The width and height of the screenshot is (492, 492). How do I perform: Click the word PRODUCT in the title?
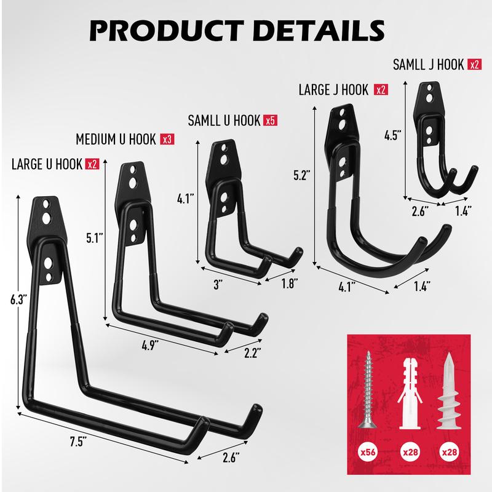(x=167, y=30)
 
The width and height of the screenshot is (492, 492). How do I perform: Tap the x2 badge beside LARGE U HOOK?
(x=93, y=164)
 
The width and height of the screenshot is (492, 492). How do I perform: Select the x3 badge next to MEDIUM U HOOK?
(x=167, y=139)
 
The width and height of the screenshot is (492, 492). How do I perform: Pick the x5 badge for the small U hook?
(x=271, y=120)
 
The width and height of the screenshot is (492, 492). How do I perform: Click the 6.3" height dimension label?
(x=17, y=300)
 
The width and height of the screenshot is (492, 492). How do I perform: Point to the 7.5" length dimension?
(x=78, y=442)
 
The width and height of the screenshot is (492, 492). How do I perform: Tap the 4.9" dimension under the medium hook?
(x=150, y=346)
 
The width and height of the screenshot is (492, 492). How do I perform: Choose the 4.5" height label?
(x=393, y=135)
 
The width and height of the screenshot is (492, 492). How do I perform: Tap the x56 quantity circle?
(x=368, y=452)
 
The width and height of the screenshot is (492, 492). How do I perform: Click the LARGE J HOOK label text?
(x=333, y=90)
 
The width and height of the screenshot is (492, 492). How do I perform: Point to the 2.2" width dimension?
(x=253, y=353)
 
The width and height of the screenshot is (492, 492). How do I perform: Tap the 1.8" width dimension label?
(x=289, y=284)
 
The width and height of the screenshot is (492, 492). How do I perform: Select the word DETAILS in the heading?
(x=319, y=30)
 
